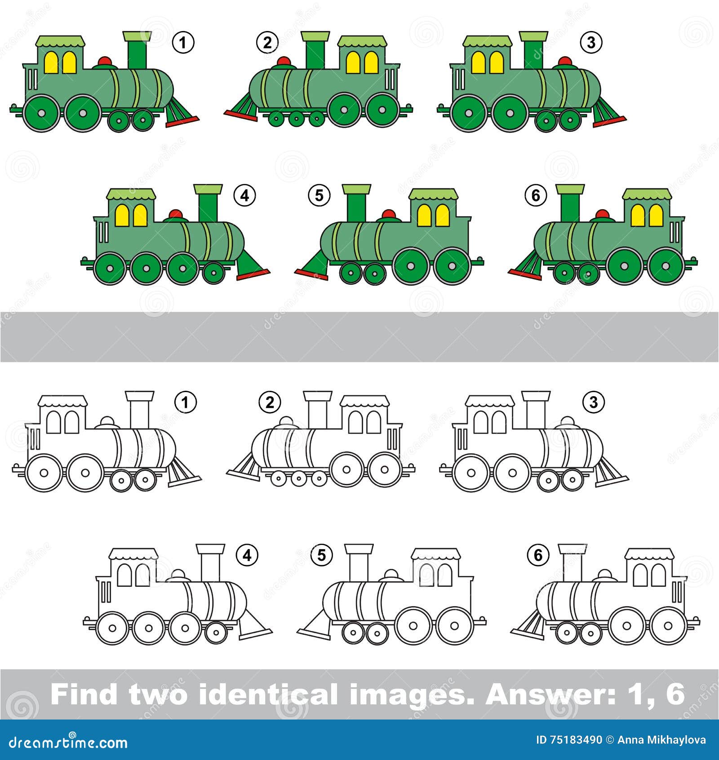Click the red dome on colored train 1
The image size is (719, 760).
(x=105, y=62)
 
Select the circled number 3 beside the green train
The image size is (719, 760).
(x=591, y=42)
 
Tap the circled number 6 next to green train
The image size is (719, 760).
(x=536, y=196)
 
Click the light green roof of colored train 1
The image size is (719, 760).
(x=61, y=41)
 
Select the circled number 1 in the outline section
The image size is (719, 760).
(x=185, y=402)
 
